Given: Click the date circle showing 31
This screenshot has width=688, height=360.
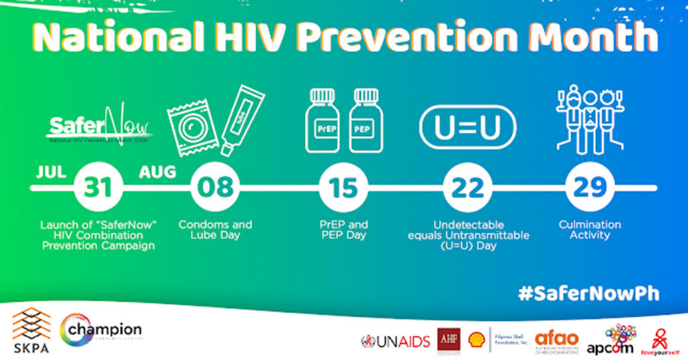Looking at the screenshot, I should [x=98, y=188].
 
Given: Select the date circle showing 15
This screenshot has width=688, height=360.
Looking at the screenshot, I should [x=343, y=188].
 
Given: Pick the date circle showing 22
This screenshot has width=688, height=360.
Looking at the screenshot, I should [x=467, y=188].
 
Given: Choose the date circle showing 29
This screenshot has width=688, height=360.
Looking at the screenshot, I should [x=590, y=188].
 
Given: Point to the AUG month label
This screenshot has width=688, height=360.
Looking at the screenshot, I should [x=157, y=172].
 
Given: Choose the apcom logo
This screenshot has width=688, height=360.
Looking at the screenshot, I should [x=620, y=340].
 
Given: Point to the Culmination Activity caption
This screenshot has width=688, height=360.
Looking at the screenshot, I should [x=590, y=230].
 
